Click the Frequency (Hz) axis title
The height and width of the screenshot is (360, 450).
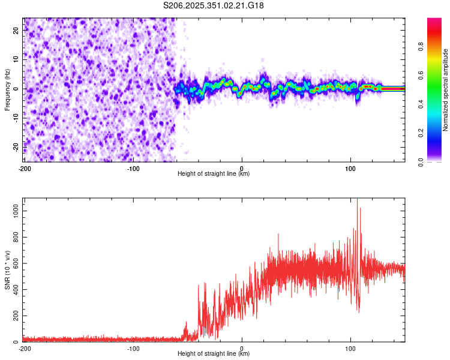coord(7,89)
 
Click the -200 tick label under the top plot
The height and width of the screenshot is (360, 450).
coord(25,168)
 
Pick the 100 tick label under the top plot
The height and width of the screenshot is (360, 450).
coord(350,168)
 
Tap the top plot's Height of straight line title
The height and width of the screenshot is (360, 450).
coord(214,174)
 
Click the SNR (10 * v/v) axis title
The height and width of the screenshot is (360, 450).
coord(7,271)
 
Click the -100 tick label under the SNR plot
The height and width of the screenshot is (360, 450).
coord(133,348)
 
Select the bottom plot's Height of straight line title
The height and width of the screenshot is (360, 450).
coord(214,354)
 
